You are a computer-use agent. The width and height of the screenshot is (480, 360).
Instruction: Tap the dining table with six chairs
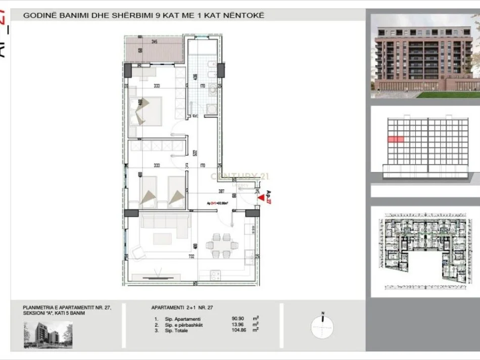(x=220, y=245)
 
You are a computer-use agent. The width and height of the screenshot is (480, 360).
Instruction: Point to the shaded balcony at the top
(x=154, y=49)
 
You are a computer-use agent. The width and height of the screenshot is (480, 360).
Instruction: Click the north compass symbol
(x=322, y=326)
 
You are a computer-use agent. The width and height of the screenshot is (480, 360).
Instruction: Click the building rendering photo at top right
(x=425, y=56)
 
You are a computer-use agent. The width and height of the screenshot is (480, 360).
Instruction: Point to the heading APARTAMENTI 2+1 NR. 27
(x=187, y=307)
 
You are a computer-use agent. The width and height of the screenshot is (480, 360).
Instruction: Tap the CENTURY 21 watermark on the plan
(x=239, y=176)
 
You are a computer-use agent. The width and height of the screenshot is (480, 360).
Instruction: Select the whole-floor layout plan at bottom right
(x=425, y=251)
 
